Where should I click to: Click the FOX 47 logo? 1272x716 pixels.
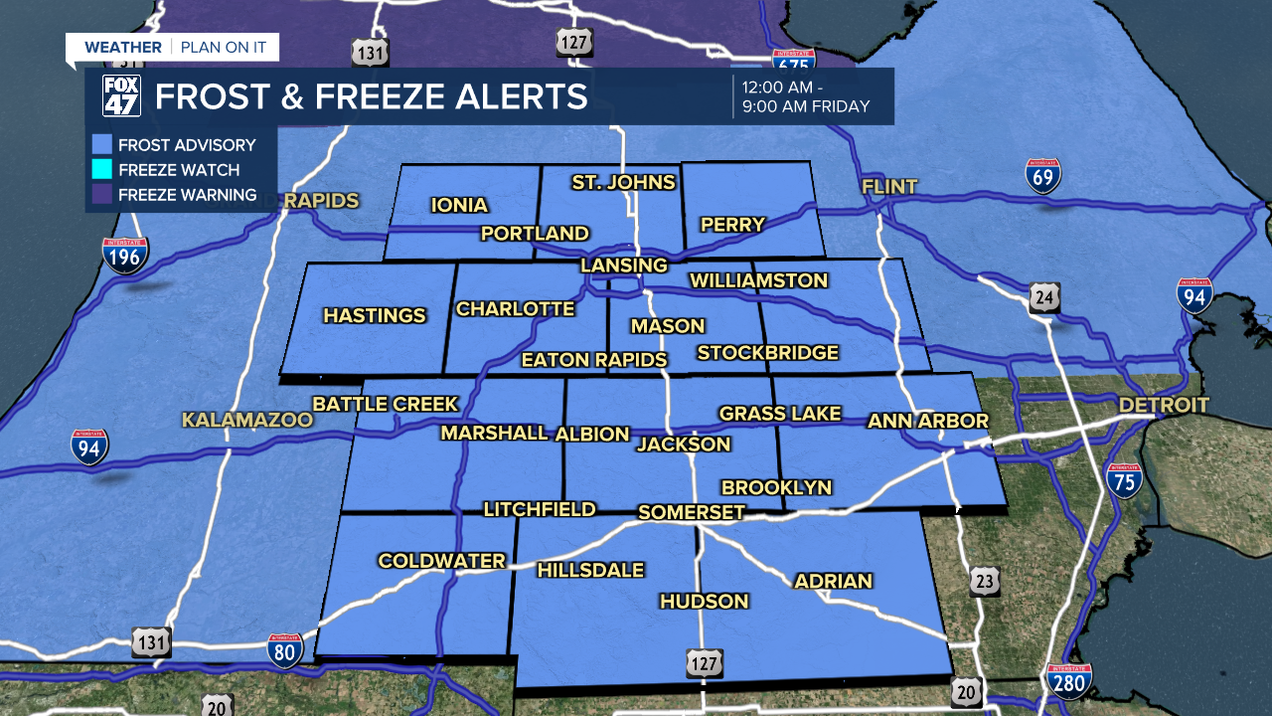pos(122,95)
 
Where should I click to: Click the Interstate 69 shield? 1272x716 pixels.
pos(1043,175)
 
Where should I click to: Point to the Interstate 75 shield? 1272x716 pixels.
pos(1124,480)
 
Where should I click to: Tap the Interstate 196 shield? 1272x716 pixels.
pos(125,256)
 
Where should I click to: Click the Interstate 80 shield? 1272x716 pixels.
pos(285,651)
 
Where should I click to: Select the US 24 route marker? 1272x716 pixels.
pos(1044,296)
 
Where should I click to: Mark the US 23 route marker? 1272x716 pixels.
pos(985,582)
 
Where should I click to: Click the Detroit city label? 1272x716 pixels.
pos(1164,405)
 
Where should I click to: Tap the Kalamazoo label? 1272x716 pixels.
pos(246,421)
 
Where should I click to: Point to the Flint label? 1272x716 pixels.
pos(889,186)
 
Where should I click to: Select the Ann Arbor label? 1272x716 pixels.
pos(928,422)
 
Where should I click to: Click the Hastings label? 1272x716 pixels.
pos(375,316)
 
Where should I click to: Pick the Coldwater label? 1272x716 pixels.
pos(442,562)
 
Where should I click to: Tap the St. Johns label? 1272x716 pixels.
pos(623,182)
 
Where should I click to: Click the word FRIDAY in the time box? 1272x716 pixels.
pos(839,106)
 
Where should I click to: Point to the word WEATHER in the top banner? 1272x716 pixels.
pos(123,48)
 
